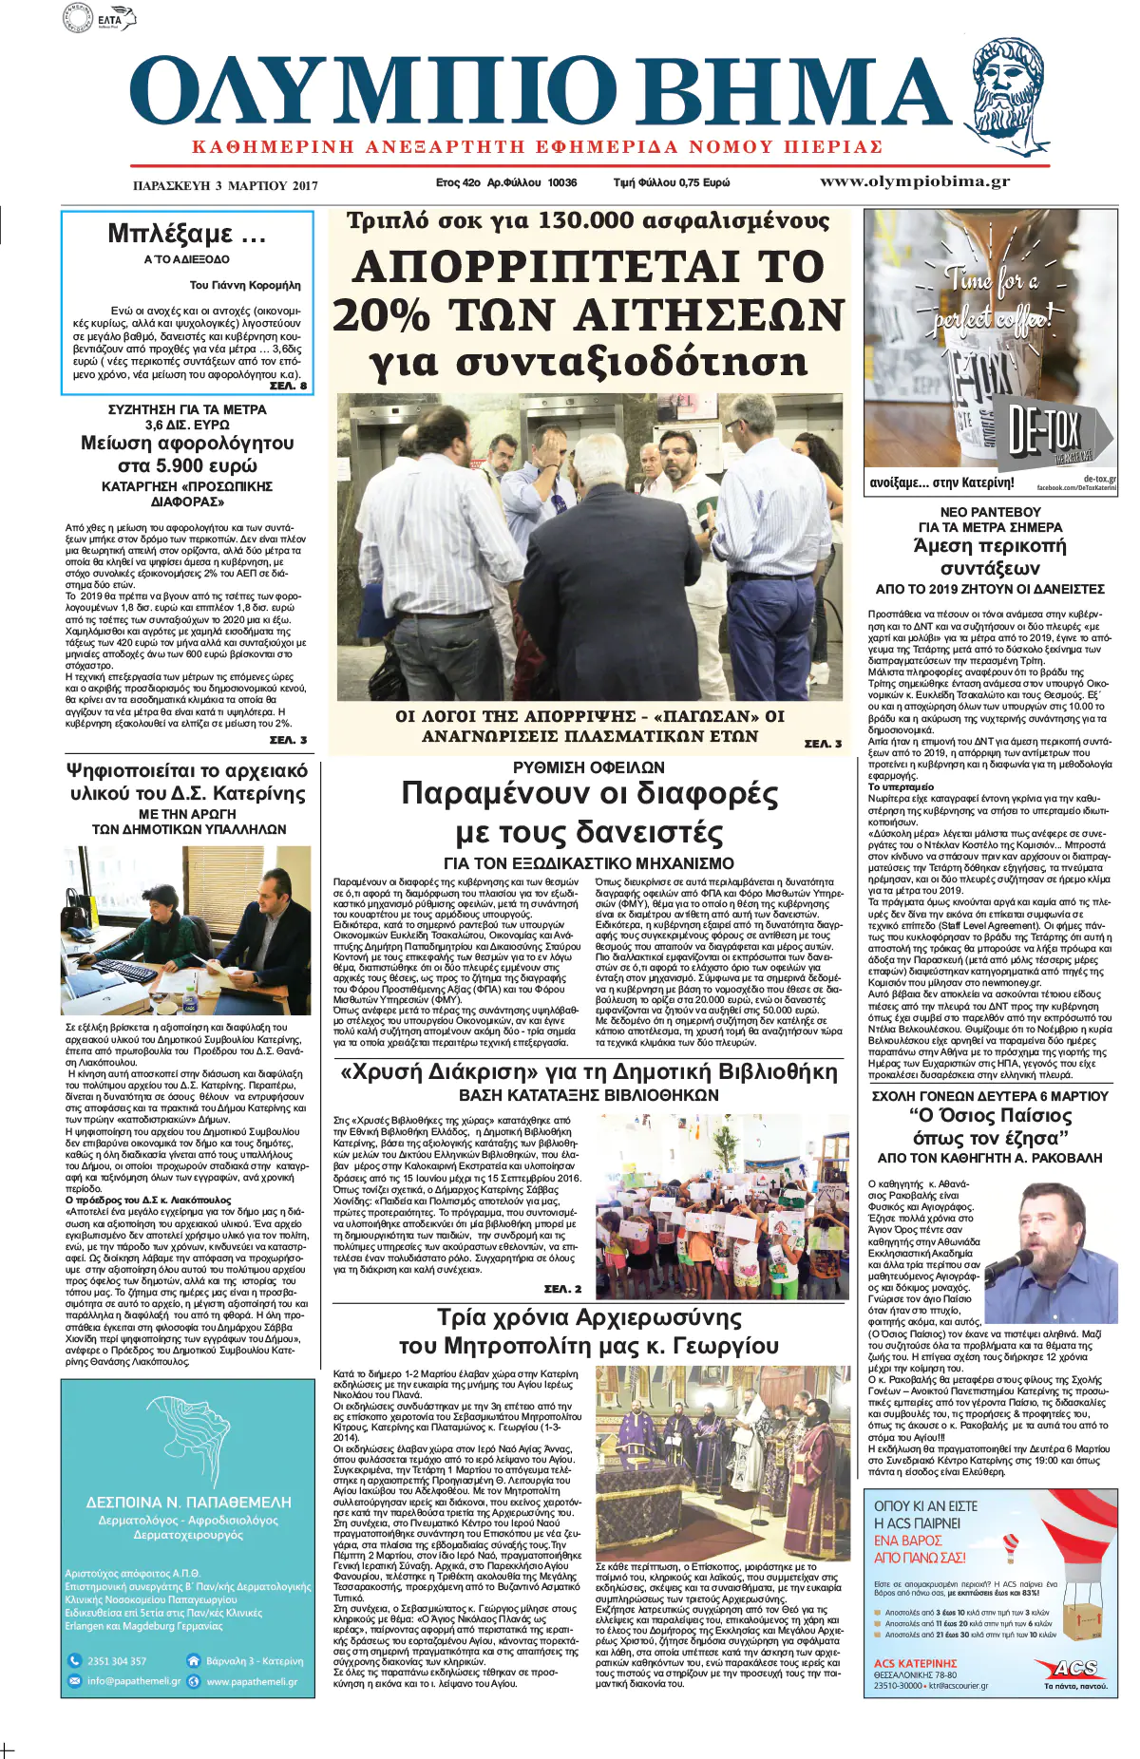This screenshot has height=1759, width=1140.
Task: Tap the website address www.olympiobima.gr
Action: click(x=914, y=181)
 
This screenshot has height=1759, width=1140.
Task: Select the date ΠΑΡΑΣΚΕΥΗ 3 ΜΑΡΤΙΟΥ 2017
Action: click(x=225, y=185)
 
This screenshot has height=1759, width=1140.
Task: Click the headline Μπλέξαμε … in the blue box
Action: click(x=186, y=234)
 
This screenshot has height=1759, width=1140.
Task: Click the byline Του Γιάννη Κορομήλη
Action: click(x=245, y=285)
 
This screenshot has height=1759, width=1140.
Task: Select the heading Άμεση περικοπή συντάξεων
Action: click(x=989, y=557)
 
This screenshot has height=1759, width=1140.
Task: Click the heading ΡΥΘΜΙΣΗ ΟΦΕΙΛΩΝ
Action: click(x=588, y=767)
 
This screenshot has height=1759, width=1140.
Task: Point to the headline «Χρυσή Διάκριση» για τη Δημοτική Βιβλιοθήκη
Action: click(x=589, y=1072)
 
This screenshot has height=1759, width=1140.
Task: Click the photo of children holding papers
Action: click(x=722, y=1206)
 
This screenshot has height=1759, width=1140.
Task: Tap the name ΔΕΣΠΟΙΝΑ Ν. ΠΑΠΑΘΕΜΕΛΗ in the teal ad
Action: click(x=188, y=1503)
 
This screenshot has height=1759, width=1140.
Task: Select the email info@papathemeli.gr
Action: click(x=133, y=1681)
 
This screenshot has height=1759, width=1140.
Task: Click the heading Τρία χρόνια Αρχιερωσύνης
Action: click(x=589, y=1317)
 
